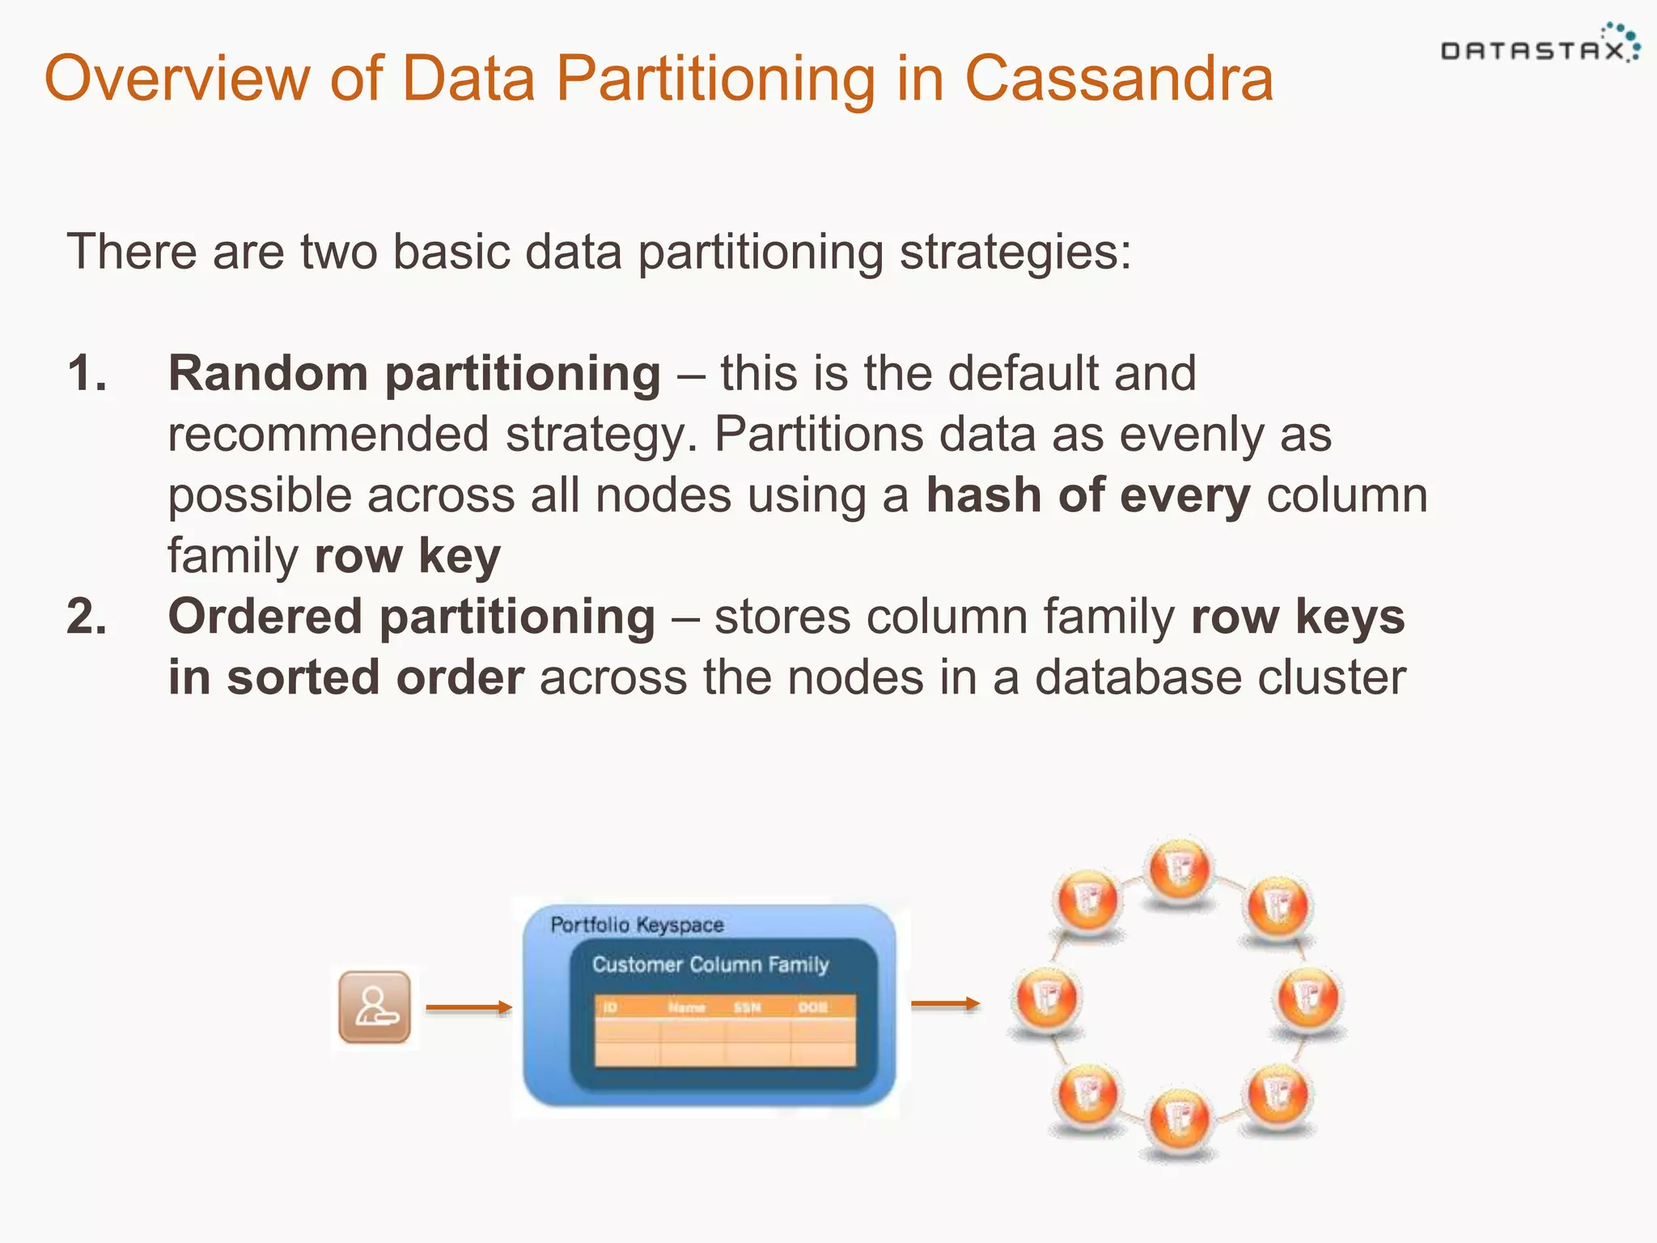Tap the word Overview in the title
tap(176, 78)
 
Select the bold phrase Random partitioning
tap(413, 374)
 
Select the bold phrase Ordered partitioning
tap(411, 617)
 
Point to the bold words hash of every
tap(1087, 495)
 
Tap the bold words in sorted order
tap(345, 677)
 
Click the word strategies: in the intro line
tap(1015, 252)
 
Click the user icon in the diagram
tap(374, 1007)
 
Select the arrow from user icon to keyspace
tap(468, 1008)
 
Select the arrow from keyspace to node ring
tap(945, 1003)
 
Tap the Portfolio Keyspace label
tap(637, 925)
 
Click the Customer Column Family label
tap(710, 965)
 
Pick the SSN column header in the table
tap(747, 1008)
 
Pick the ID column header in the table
tap(610, 1008)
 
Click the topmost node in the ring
tap(1179, 869)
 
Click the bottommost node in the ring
tap(1179, 1120)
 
